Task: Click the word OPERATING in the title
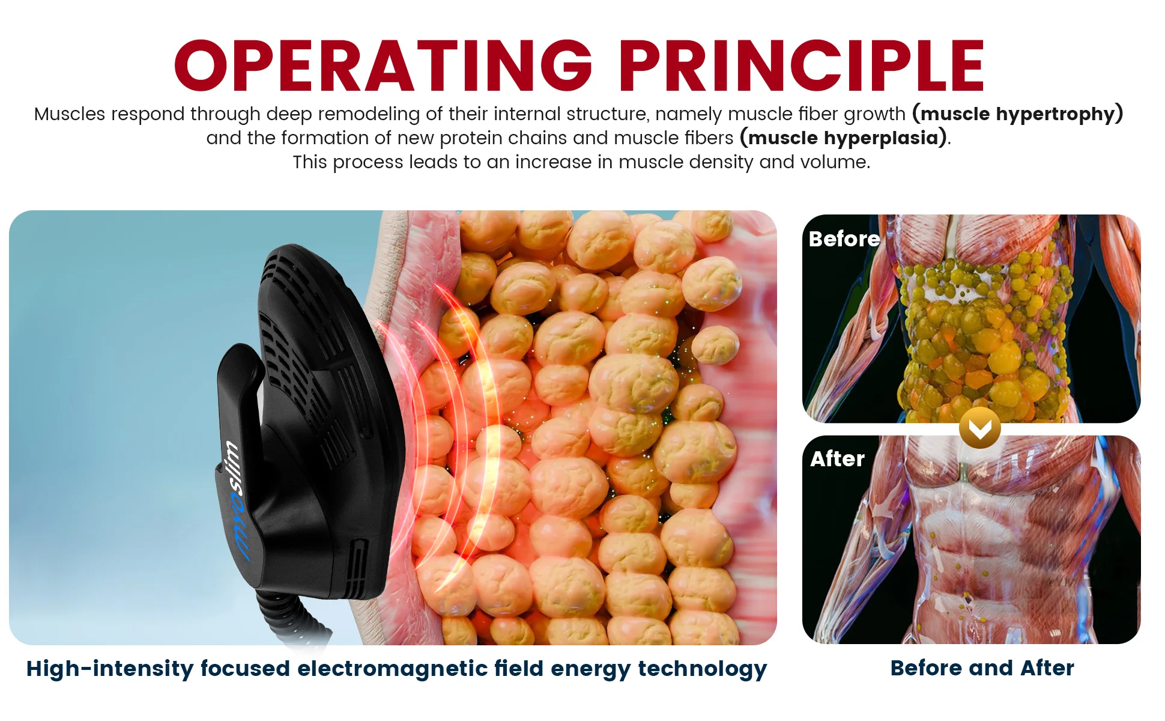pyautogui.click(x=384, y=65)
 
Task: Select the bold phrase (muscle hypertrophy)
pyautogui.click(x=1017, y=114)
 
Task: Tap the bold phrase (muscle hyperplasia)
pyautogui.click(x=844, y=138)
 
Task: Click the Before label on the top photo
pyautogui.click(x=844, y=239)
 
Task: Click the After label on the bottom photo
pyautogui.click(x=837, y=459)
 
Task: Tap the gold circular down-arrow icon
pyautogui.click(x=979, y=428)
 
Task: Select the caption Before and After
pyautogui.click(x=982, y=668)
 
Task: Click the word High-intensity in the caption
pyautogui.click(x=110, y=669)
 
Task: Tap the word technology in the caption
pyautogui.click(x=702, y=669)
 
